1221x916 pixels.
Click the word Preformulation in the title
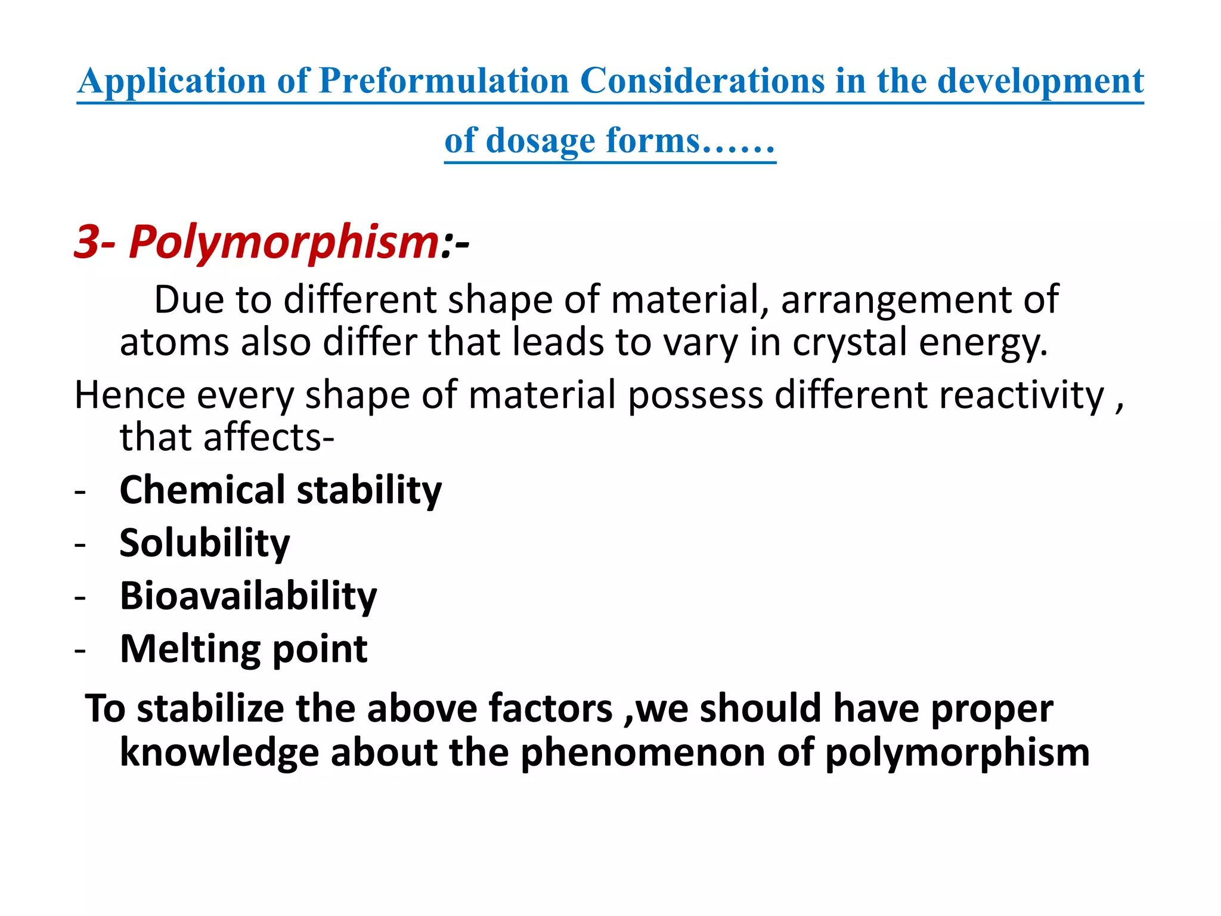(444, 81)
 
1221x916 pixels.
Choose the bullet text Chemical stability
(280, 490)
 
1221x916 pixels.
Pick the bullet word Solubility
(204, 543)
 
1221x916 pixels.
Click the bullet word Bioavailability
(248, 596)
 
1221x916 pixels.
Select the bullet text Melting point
(243, 649)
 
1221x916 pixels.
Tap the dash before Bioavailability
(80, 597)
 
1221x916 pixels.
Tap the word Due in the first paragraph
(188, 299)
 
